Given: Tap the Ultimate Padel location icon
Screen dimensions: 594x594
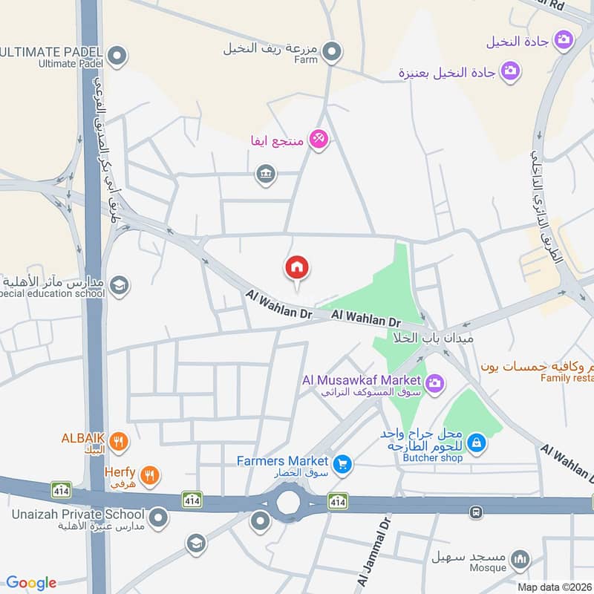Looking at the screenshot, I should point(117,54).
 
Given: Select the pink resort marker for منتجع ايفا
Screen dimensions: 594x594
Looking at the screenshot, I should point(319,138).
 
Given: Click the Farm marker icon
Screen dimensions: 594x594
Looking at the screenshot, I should point(333,51).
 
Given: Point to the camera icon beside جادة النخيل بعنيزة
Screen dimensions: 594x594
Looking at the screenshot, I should point(510,71).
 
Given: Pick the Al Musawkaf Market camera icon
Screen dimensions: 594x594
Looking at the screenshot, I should point(435,382).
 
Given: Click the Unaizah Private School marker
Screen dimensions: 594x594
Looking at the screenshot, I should point(158,515).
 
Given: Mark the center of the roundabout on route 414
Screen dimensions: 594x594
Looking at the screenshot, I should point(290,503).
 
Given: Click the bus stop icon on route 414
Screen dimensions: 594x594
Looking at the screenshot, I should point(476,512).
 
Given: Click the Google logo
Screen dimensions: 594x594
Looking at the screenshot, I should point(31,583).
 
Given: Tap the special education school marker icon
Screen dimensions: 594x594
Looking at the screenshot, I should point(119,284).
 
